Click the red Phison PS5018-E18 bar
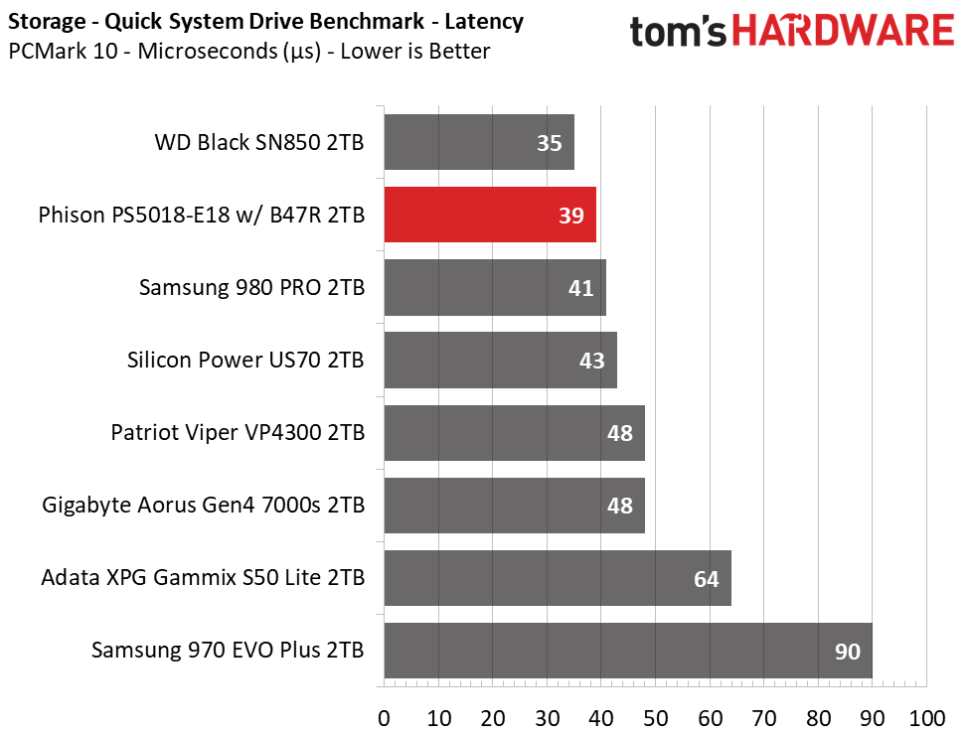point(490,215)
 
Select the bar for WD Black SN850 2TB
point(479,142)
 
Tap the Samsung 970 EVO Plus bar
point(628,651)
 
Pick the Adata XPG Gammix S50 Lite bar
point(559,578)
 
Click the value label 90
point(848,652)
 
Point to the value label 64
point(707,579)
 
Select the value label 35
point(550,143)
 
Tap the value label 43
point(592,361)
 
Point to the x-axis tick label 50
point(656,719)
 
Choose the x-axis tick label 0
point(385,719)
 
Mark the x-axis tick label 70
point(764,719)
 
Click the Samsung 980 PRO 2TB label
point(251,287)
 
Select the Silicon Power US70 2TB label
point(245,360)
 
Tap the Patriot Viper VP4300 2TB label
point(238,433)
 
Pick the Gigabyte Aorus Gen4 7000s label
point(204,505)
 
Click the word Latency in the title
point(484,22)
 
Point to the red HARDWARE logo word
point(843,31)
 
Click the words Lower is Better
point(415,52)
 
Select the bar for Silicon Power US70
point(501,360)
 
